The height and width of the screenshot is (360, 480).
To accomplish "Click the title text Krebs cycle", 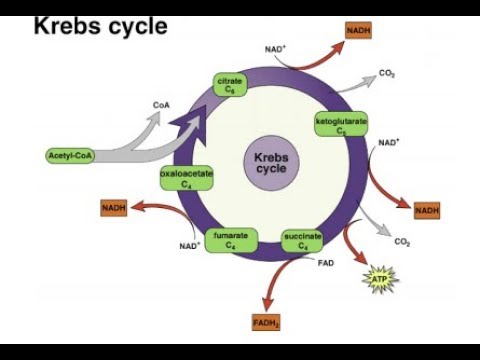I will [100, 24].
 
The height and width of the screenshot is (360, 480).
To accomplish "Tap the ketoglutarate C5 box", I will [341, 125].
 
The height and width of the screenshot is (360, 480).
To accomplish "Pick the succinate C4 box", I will [302, 239].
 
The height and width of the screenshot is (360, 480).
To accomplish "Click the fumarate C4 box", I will [230, 239].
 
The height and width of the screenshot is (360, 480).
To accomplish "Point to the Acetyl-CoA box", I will [70, 155].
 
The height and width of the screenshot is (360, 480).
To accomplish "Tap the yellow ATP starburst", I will [379, 274].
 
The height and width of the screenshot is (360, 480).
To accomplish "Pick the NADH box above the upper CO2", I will [357, 32].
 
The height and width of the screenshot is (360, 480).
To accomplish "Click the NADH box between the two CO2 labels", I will [427, 210].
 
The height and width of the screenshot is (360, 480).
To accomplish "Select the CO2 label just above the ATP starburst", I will [402, 242].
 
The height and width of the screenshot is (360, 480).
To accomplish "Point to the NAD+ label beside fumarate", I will [190, 245].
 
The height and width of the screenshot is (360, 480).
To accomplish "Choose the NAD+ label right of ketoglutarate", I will [389, 143].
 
